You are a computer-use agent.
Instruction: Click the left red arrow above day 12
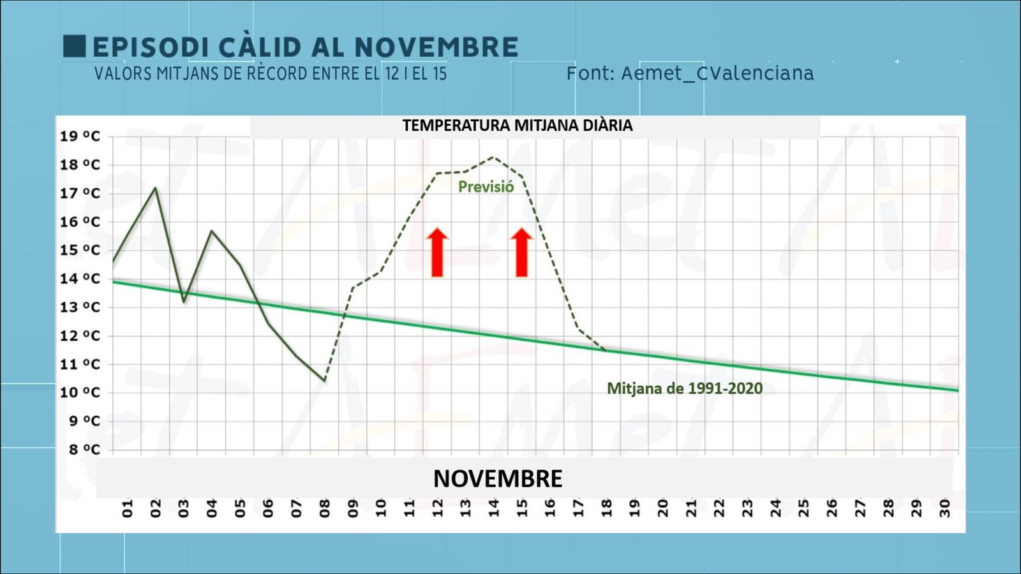point(437,253)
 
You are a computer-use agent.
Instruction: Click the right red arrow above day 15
point(521,253)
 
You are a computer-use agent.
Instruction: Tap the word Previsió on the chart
point(486,187)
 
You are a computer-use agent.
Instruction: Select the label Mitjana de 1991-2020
point(685,388)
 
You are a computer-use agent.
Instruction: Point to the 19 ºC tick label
point(80,136)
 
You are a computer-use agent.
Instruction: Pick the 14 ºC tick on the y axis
point(80,279)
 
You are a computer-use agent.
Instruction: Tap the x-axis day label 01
point(128,508)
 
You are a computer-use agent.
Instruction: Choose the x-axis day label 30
point(945,508)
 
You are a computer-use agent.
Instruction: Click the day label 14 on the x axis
point(494,508)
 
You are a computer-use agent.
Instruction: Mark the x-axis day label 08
point(325,508)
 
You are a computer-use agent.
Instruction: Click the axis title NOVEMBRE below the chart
point(498,479)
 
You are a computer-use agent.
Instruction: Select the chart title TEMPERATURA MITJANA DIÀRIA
point(518,126)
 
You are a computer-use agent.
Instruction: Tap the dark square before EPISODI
point(74,46)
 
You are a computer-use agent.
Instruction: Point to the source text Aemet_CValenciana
point(717,73)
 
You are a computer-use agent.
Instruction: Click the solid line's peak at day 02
point(155,188)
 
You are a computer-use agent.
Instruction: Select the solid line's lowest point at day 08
point(325,381)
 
